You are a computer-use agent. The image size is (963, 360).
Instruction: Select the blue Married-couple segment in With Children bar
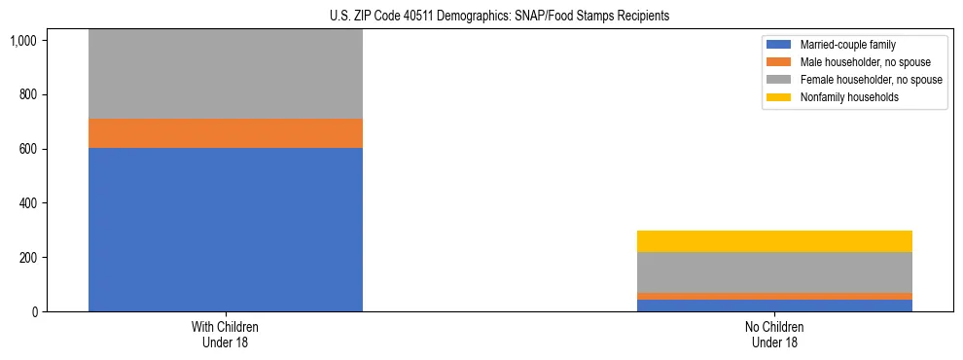click(x=225, y=230)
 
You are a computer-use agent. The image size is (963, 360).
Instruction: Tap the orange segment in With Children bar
click(x=225, y=133)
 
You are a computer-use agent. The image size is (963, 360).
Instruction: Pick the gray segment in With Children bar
click(x=225, y=74)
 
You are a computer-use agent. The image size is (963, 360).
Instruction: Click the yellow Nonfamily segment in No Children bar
click(x=774, y=241)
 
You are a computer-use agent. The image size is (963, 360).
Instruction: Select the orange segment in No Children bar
click(x=774, y=296)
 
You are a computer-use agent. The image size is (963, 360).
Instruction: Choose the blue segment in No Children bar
click(x=774, y=306)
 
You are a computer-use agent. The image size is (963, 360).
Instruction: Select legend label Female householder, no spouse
click(x=871, y=80)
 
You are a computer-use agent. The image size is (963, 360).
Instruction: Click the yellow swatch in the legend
click(x=779, y=97)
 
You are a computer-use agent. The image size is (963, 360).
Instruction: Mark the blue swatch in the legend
click(x=779, y=45)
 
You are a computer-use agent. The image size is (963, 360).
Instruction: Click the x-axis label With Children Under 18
click(x=225, y=335)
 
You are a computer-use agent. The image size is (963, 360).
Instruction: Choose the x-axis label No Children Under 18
click(x=774, y=335)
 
